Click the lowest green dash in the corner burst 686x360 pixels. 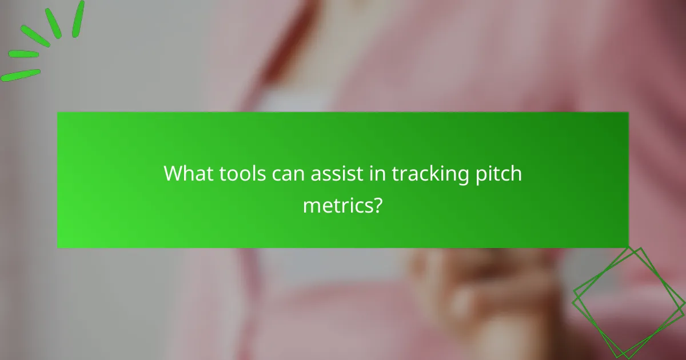[x=21, y=75]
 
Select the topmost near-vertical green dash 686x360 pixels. [x=78, y=19]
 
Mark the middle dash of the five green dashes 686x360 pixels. [x=35, y=35]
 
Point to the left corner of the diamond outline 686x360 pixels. [x=573, y=291]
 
